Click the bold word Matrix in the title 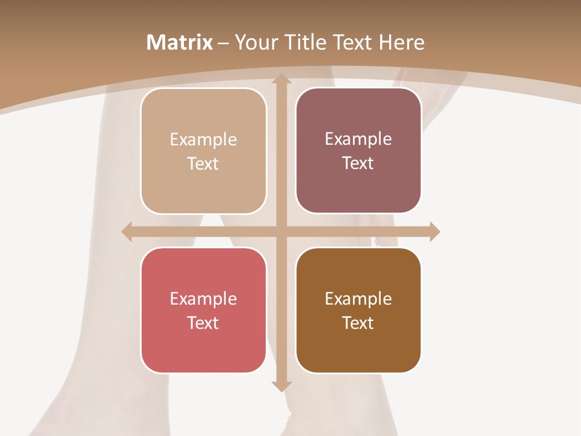180,42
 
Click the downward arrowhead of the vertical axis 281,386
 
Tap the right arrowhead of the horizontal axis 435,231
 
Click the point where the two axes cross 281,231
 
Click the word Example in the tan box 203,140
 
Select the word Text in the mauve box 358,163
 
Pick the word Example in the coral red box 203,299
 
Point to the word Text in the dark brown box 358,323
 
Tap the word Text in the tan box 203,163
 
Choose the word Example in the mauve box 358,139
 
